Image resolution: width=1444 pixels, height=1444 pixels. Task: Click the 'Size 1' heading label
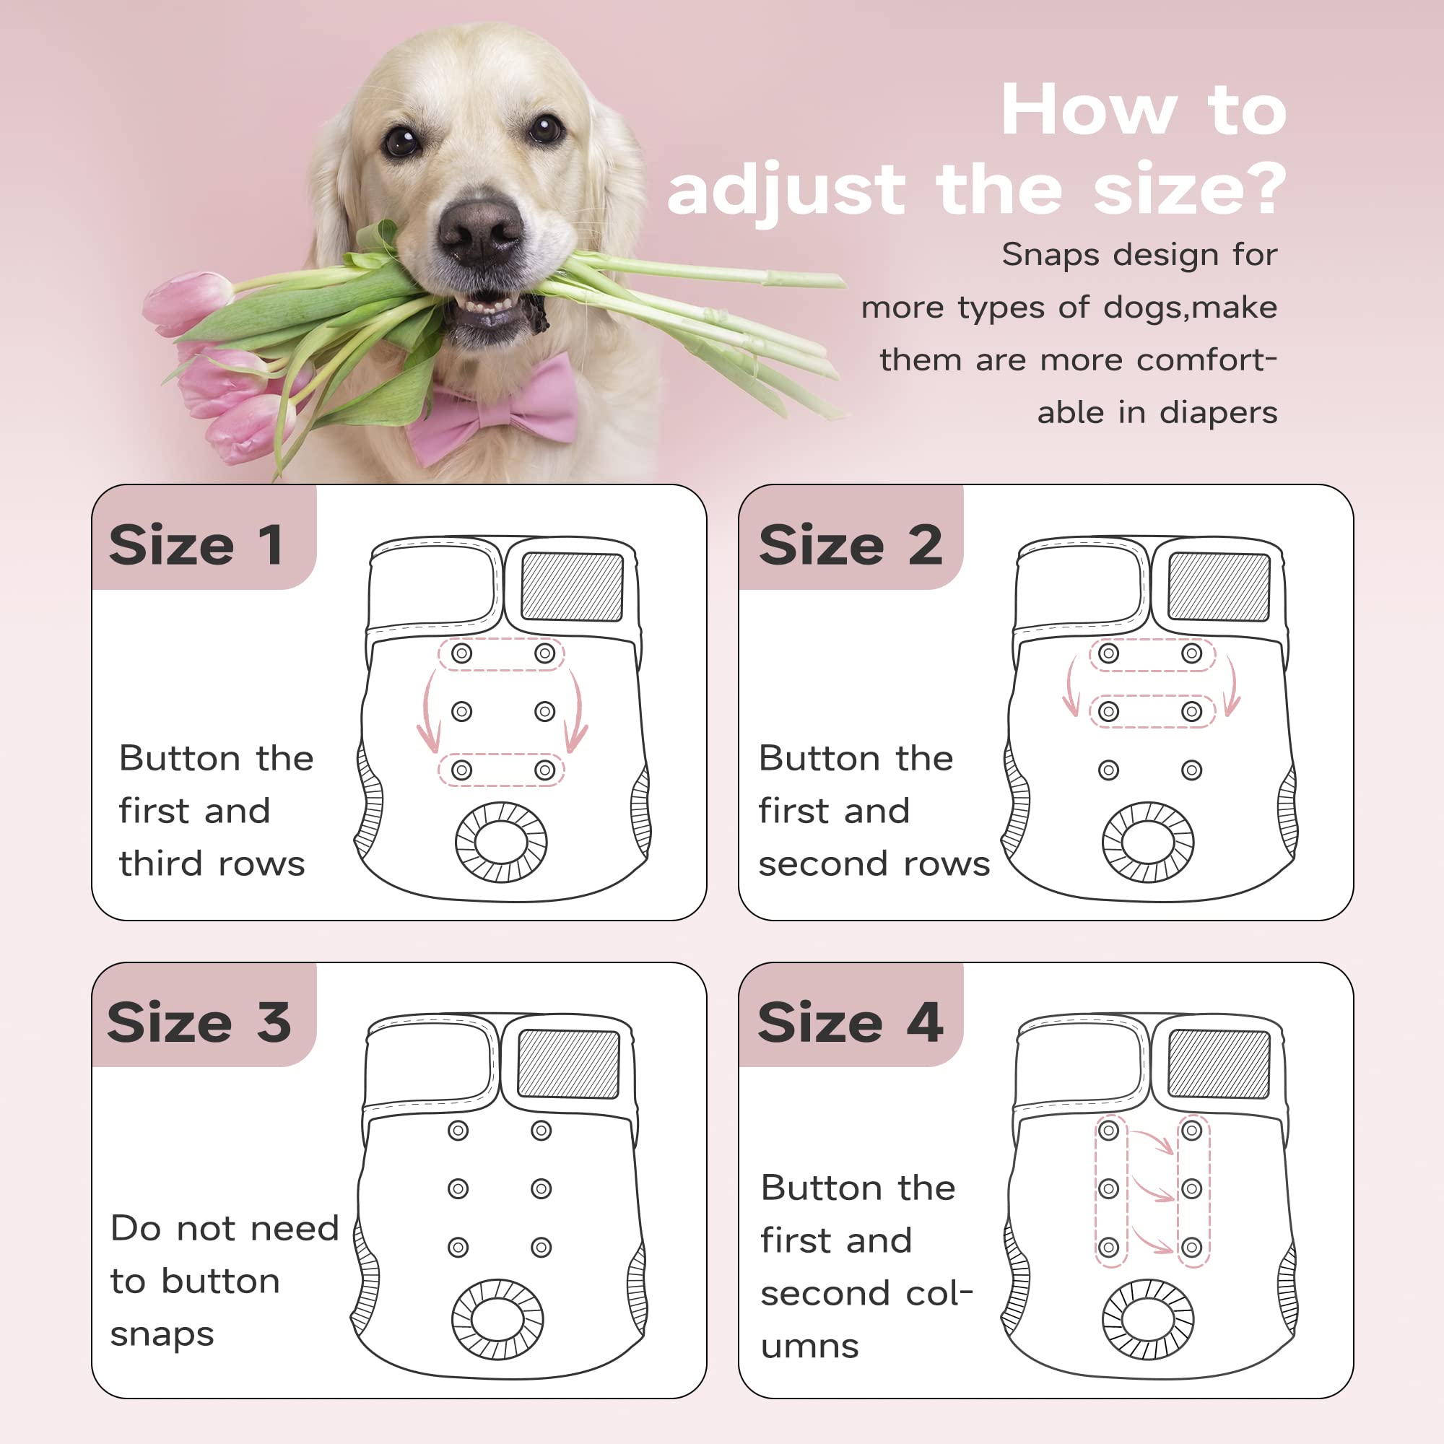point(196,545)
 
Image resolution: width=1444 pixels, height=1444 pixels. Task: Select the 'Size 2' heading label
point(850,545)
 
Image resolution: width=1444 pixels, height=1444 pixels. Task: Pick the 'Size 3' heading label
point(198,1022)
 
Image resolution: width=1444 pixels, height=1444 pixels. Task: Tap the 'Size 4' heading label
point(850,1022)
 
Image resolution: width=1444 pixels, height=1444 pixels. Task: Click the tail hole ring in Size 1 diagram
point(501,842)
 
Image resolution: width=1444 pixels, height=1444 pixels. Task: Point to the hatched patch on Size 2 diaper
point(1218,587)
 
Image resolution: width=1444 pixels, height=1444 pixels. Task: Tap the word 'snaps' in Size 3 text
point(162,1335)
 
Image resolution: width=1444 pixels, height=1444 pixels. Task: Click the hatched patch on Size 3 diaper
point(568,1064)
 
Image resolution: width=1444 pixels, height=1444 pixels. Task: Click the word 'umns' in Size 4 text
point(809,1347)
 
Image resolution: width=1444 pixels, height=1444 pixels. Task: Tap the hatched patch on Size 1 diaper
point(572,587)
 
